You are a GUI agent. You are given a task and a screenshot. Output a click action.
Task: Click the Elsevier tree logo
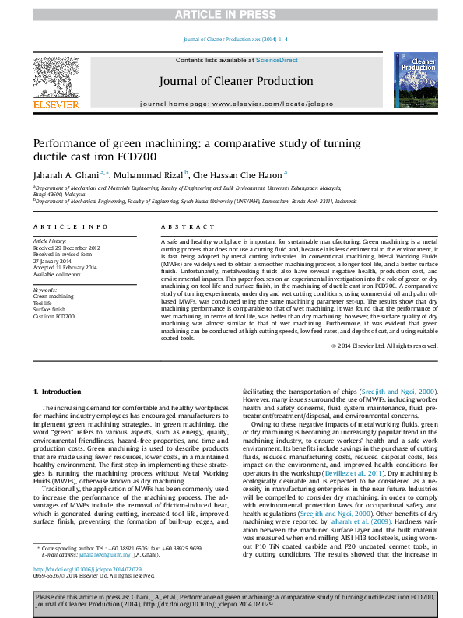(x=55, y=77)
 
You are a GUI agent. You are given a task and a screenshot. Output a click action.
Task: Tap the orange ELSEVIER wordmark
(x=55, y=104)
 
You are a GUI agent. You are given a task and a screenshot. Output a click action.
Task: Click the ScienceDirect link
(x=277, y=60)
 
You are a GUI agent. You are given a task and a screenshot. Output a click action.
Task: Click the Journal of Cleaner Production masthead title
(x=236, y=81)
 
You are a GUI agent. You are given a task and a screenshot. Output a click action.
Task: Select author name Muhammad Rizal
(x=153, y=175)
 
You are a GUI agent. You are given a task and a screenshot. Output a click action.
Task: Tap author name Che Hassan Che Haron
(x=241, y=175)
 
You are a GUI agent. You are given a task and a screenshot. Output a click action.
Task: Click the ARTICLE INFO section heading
(x=70, y=226)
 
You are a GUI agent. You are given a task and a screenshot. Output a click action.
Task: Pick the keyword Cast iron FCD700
(x=54, y=317)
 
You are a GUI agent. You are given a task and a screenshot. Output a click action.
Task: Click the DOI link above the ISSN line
(x=86, y=569)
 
